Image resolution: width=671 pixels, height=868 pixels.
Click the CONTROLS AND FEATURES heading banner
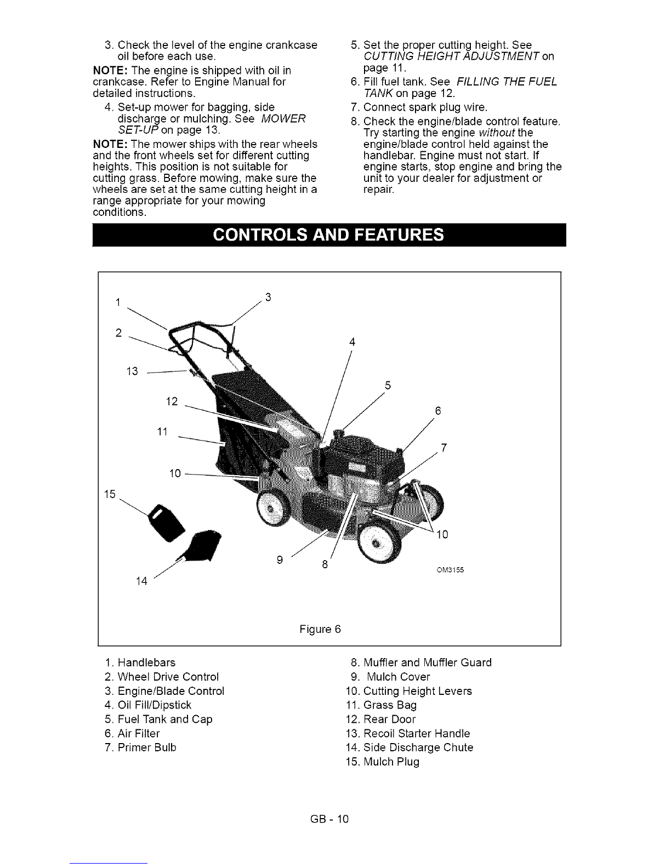point(329,235)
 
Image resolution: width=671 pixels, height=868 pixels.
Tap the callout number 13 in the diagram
point(132,372)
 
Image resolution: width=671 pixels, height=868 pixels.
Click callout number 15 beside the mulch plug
point(110,494)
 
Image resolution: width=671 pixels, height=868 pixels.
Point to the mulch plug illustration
point(167,522)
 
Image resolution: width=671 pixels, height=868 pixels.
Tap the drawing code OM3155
point(451,570)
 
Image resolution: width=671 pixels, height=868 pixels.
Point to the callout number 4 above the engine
point(352,342)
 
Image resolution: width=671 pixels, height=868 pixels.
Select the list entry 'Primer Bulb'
point(141,747)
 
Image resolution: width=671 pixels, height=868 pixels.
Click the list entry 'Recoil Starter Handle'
point(408,733)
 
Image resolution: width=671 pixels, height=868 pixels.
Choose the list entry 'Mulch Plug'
point(383,762)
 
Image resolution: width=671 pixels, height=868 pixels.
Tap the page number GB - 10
point(329,819)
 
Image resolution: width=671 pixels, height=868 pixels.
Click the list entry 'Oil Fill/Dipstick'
point(148,705)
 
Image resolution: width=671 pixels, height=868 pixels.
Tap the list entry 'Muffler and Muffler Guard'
point(421,663)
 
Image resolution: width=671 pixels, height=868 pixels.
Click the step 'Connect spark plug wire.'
point(419,107)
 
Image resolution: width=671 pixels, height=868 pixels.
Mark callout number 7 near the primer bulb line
point(443,448)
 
